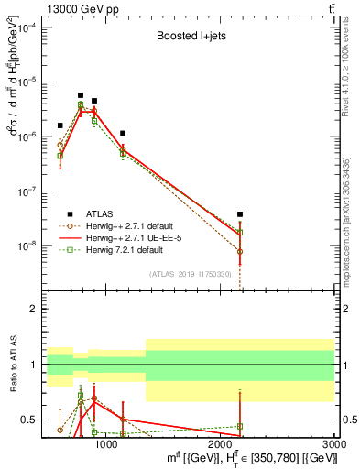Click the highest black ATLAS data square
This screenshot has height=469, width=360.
click(81, 95)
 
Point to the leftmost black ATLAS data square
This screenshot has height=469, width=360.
click(60, 125)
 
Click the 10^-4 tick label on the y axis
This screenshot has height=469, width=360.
click(26, 27)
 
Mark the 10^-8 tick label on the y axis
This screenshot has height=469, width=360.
click(26, 245)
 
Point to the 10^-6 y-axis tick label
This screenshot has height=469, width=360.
click(26, 136)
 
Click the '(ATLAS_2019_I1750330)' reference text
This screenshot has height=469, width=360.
click(191, 274)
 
